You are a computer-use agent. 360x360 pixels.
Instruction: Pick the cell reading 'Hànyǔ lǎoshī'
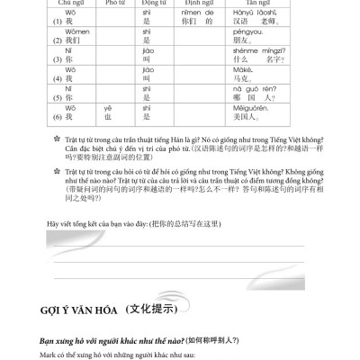(x=262, y=19)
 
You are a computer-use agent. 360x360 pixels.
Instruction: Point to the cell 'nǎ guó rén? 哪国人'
(x=260, y=94)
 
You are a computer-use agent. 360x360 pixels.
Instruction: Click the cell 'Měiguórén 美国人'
(x=260, y=113)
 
